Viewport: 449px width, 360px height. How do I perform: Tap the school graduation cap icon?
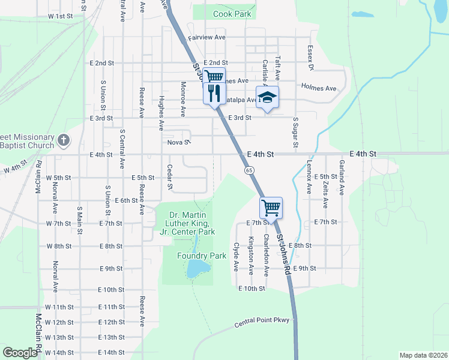[x=268, y=97]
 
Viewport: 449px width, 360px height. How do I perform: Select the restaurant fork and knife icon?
[x=214, y=92]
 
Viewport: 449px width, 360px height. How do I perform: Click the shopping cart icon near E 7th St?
[x=271, y=208]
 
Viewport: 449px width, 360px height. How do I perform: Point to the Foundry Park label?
[x=202, y=256]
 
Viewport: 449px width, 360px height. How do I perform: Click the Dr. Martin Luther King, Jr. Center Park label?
[x=192, y=223]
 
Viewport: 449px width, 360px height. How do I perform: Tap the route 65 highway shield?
[x=249, y=171]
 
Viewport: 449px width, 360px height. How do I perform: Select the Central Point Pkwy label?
[x=262, y=323]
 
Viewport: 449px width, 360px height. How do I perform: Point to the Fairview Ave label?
[x=206, y=37]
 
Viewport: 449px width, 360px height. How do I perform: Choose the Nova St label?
[x=179, y=143]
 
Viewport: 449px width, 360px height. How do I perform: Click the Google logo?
[x=20, y=353]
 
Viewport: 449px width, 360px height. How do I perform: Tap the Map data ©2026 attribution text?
[x=423, y=355]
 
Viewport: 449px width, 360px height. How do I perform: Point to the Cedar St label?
[x=170, y=178]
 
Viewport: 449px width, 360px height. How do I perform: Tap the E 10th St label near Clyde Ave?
[x=252, y=289]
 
